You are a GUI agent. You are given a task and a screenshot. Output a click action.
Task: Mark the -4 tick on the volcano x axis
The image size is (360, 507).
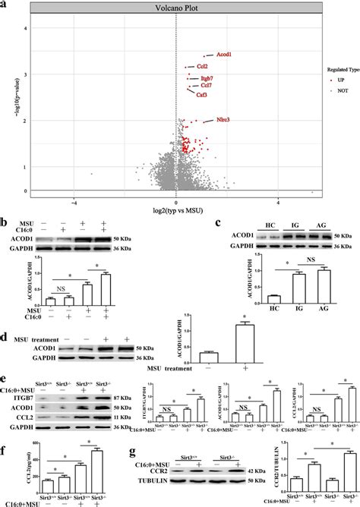coord(74,203)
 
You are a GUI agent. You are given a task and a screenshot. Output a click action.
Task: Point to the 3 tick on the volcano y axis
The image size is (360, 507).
coord(47,74)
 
